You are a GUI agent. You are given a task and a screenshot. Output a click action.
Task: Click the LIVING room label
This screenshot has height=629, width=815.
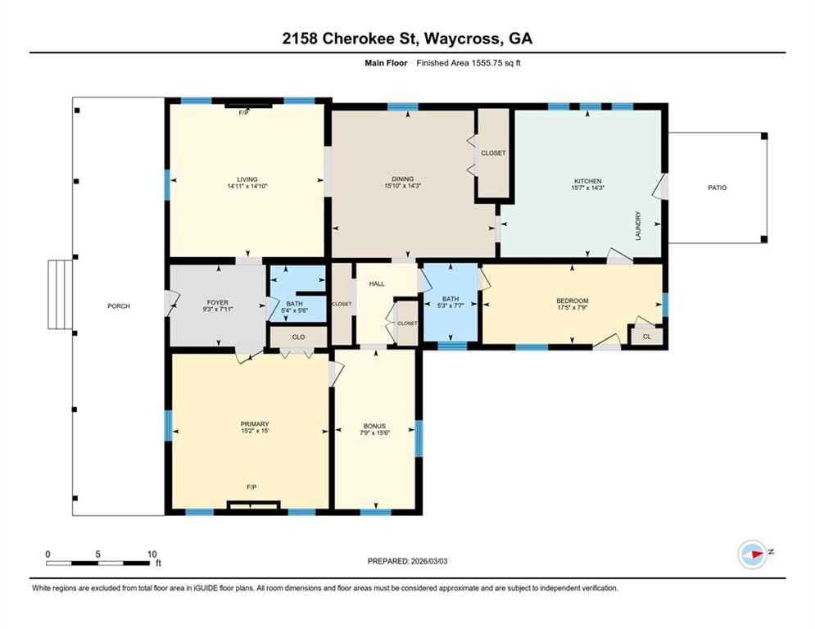(247, 179)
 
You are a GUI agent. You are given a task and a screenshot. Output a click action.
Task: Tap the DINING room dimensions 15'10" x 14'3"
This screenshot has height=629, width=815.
(403, 186)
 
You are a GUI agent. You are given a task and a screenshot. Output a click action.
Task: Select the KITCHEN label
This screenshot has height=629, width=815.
(588, 181)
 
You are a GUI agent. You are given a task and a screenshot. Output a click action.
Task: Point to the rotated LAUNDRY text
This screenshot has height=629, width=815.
(638, 225)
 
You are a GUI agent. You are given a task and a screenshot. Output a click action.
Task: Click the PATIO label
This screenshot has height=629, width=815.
(718, 188)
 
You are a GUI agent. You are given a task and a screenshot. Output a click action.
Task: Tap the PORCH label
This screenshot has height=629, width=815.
(119, 306)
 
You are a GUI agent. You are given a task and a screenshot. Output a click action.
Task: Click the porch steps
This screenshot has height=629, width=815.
(61, 295)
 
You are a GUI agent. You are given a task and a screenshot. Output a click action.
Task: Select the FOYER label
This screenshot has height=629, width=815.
(218, 302)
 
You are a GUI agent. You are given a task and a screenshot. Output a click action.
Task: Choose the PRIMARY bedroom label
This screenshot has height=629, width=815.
(255, 424)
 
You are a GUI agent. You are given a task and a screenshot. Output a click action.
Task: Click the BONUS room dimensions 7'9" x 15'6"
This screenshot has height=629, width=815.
(375, 432)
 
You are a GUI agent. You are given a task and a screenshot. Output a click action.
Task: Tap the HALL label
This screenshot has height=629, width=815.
(377, 284)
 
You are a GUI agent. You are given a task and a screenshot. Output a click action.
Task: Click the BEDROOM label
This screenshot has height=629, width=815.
(573, 301)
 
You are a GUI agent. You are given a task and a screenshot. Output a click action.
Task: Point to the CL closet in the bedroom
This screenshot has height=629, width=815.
(646, 337)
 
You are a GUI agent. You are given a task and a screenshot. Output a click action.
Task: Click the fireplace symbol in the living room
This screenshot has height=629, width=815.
(248, 106)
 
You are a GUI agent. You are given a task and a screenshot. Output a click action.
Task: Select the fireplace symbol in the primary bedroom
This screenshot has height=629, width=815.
(254, 505)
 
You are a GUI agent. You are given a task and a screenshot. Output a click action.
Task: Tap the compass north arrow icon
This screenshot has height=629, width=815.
(753, 554)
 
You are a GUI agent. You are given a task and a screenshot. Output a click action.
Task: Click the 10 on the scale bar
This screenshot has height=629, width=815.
(152, 554)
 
